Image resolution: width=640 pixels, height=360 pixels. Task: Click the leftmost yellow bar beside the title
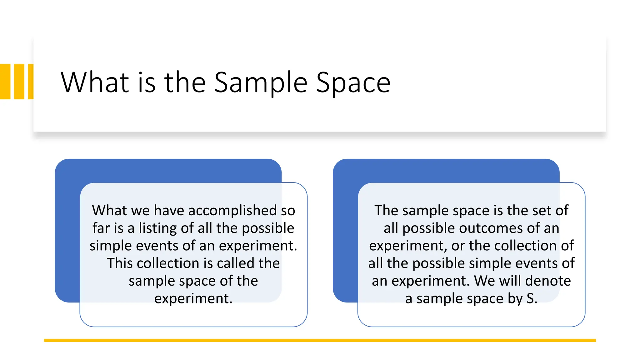click(5, 82)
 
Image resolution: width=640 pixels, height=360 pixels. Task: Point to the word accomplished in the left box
click(233, 210)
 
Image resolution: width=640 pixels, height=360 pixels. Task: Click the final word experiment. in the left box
click(193, 298)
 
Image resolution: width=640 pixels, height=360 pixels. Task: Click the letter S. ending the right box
click(532, 298)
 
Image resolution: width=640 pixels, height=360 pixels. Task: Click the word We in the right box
click(484, 281)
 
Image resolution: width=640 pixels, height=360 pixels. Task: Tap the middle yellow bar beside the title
click(19, 82)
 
